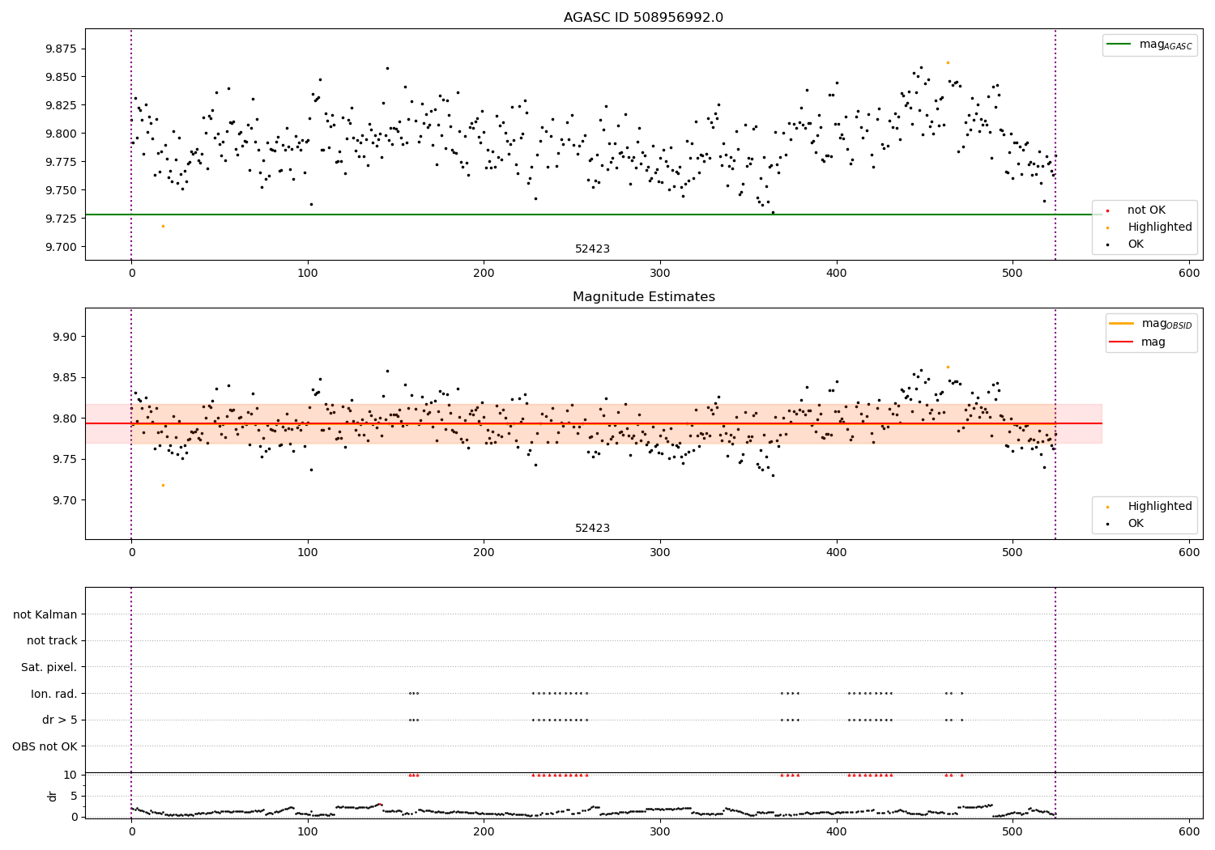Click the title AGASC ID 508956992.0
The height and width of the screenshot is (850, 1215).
[643, 18]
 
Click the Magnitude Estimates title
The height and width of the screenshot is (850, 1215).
[643, 297]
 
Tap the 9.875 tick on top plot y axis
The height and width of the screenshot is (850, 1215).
[61, 49]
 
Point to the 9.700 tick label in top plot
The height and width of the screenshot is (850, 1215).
[61, 248]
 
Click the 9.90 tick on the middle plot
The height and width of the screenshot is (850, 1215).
[64, 337]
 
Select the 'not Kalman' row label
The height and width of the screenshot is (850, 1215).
[45, 615]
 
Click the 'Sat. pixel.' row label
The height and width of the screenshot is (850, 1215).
[49, 668]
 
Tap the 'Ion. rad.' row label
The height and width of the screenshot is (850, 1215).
[54, 695]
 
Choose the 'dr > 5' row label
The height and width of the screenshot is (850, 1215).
[60, 720]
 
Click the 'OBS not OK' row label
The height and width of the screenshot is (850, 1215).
[45, 747]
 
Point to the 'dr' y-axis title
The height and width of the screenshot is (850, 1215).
[53, 796]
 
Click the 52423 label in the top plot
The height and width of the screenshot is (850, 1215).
[592, 249]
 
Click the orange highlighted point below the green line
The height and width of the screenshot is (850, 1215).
[163, 226]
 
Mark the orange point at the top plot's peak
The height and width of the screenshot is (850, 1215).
[948, 62]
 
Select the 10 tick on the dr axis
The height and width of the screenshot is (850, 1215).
[70, 775]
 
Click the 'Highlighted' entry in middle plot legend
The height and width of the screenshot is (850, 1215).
[1159, 507]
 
